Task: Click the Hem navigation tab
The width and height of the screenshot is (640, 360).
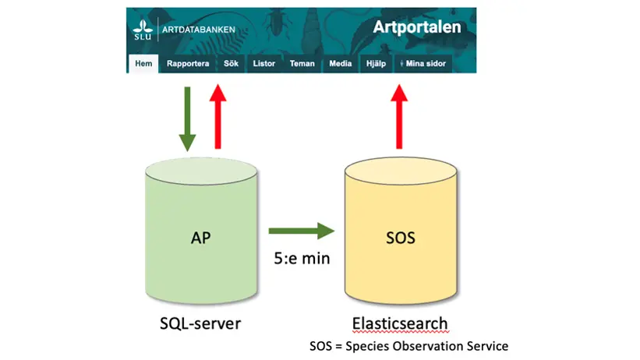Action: tap(143, 64)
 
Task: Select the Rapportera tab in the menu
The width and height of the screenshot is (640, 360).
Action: tap(187, 64)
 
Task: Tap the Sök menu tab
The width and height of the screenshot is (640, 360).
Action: tap(232, 64)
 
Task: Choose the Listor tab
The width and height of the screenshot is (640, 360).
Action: tap(264, 64)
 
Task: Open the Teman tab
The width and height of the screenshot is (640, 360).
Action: tap(302, 64)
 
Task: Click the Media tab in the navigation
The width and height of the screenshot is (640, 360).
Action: tap(340, 64)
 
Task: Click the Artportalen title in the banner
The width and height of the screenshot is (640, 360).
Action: tap(416, 27)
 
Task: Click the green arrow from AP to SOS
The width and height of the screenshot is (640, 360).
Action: tap(300, 231)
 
